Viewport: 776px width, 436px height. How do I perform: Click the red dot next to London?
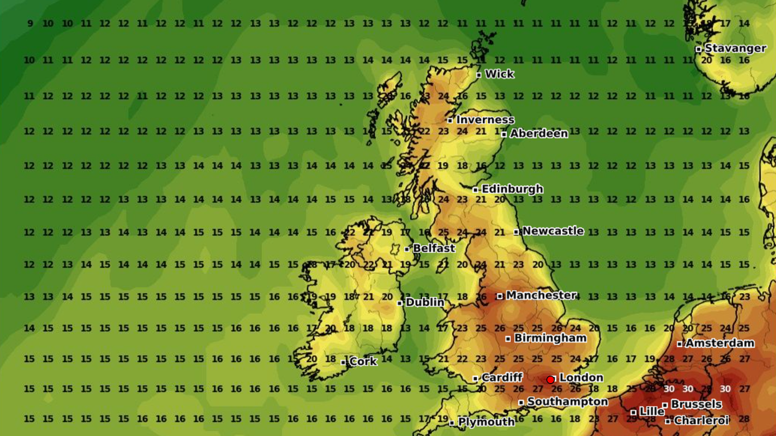[x=550, y=379]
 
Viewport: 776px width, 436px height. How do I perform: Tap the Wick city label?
[x=499, y=74]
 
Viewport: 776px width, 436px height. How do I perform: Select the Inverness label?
[x=485, y=120]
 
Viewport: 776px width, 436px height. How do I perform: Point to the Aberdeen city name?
[x=539, y=133]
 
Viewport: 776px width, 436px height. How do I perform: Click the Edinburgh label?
[x=512, y=189]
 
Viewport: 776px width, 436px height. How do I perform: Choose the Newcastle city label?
[x=553, y=230]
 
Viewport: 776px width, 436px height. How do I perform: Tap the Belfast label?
[x=434, y=248]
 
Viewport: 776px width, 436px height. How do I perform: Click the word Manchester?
[x=540, y=295]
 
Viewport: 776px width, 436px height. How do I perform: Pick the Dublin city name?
[x=424, y=302]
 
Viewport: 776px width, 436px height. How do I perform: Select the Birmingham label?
[x=550, y=338]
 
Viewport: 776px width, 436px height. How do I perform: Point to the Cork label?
[x=363, y=361]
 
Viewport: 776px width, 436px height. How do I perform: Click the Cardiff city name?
[x=502, y=377]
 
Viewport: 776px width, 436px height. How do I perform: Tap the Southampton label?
[x=567, y=402]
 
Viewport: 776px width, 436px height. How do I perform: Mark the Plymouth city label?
[x=486, y=422]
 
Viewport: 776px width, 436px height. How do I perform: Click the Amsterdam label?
[x=719, y=343]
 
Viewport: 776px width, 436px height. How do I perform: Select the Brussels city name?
[x=696, y=404]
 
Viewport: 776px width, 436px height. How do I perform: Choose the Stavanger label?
[x=735, y=48]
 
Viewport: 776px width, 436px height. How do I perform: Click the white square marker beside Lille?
[x=633, y=412]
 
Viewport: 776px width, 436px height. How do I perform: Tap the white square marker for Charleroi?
[x=668, y=421]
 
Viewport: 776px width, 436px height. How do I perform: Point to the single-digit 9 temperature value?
[x=30, y=24]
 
